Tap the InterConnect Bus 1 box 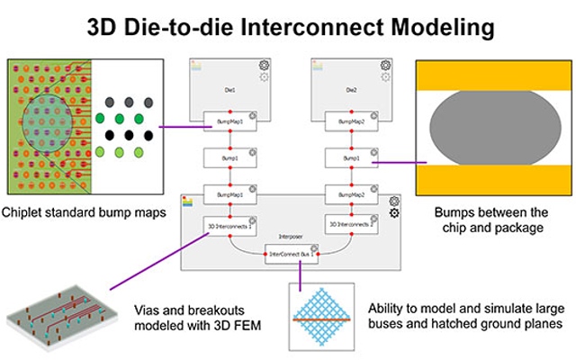(x=292, y=255)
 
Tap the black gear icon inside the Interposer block (x=392, y=213)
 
